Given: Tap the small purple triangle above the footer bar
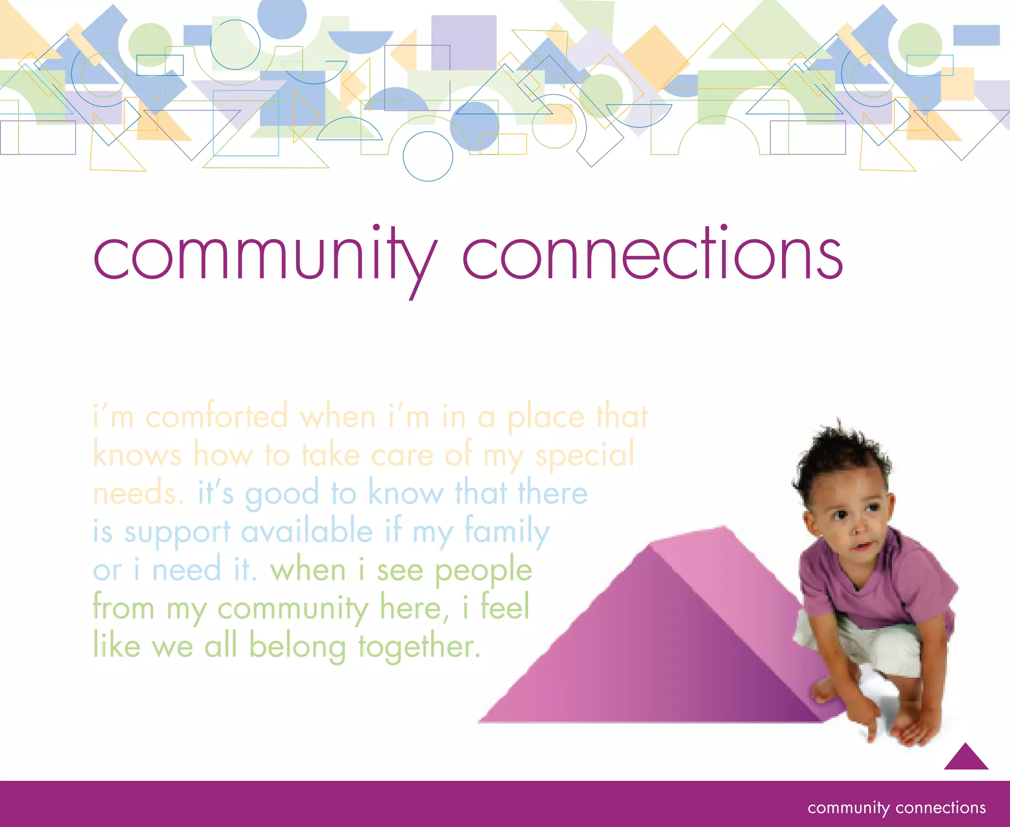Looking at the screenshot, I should (x=966, y=758).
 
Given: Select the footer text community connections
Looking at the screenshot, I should (x=897, y=808).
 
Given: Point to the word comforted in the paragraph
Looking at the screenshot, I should (x=216, y=417).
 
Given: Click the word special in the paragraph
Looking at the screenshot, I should (x=585, y=455).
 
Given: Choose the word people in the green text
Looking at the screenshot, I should (x=483, y=571).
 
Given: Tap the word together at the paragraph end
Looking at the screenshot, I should (x=419, y=647).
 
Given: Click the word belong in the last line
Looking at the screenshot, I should (x=297, y=647).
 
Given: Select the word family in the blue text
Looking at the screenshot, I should (x=507, y=532).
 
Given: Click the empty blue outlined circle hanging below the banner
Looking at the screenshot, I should (x=428, y=156).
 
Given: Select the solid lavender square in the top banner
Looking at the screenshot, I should (x=464, y=42).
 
